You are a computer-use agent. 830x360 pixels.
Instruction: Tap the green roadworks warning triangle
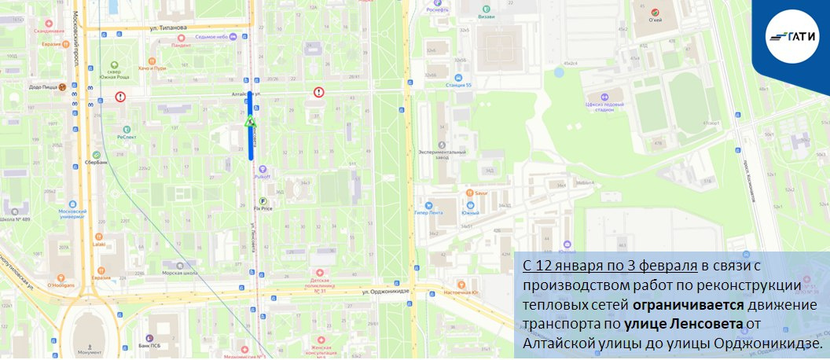250,122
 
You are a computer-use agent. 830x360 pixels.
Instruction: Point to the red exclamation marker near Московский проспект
119,97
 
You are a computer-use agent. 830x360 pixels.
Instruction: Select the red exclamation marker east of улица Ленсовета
318,92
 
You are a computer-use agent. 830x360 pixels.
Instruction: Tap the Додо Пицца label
43,87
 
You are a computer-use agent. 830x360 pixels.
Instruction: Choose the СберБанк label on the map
96,163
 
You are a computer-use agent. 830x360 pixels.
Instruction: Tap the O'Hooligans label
60,285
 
